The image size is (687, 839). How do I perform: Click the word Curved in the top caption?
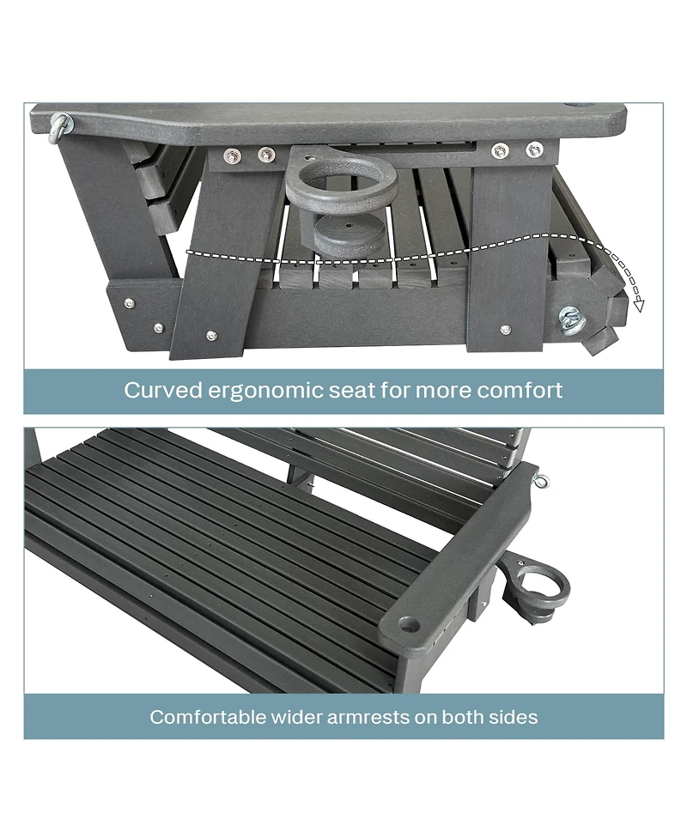163,390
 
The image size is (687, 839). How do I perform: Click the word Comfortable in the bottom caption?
208,717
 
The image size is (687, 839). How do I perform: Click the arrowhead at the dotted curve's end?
638,306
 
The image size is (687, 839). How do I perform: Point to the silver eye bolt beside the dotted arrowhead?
571,320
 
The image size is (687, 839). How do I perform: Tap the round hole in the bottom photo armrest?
408,623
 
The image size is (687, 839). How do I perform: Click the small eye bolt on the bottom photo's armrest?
542,481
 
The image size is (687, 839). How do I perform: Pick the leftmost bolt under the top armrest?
232,155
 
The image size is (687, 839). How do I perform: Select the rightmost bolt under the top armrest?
534,149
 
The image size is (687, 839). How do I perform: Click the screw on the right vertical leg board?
505,330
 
